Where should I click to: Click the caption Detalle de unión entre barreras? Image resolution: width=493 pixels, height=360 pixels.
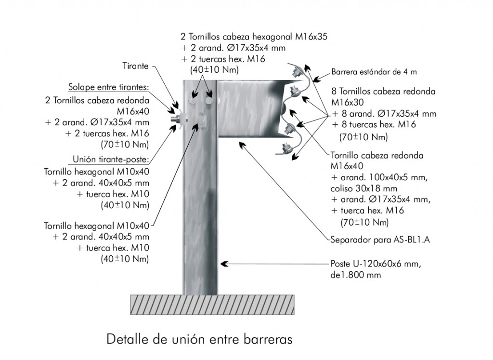[199, 339]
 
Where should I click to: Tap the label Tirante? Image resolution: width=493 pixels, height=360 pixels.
[135, 66]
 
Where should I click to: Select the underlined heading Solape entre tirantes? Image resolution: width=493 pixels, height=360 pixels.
[109, 87]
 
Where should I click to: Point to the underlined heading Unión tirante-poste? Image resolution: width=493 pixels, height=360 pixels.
[111, 159]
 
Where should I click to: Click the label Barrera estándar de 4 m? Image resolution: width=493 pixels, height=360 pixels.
[374, 72]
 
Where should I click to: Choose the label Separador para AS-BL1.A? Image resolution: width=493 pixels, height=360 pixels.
[380, 240]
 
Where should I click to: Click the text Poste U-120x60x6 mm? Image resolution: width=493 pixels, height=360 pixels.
[376, 264]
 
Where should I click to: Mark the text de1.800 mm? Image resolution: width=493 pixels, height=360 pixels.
[356, 275]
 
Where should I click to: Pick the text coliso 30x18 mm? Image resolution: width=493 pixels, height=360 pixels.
[364, 188]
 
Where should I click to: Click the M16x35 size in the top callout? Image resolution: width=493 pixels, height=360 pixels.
[311, 37]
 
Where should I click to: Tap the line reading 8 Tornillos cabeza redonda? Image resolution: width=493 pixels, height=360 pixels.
[383, 92]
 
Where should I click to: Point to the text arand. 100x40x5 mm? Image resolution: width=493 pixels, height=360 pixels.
[384, 177]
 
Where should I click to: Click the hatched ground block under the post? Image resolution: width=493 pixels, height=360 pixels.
[212, 305]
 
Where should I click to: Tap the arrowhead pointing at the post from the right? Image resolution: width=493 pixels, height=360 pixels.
[224, 264]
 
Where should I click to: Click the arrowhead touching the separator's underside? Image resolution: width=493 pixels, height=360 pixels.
[242, 145]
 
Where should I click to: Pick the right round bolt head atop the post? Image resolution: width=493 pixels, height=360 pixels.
[209, 101]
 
